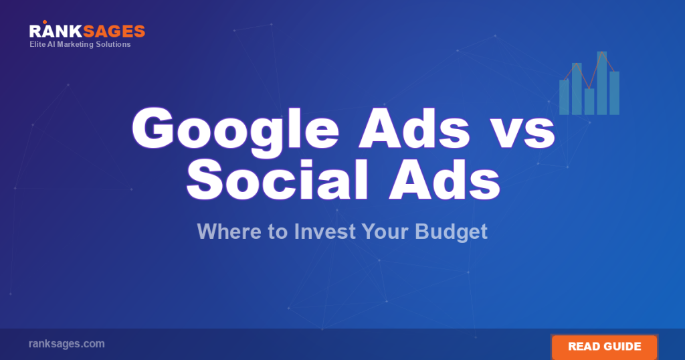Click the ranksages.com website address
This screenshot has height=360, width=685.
tap(66, 344)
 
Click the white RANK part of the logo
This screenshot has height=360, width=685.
tap(52, 31)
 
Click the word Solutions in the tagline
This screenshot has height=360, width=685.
tap(114, 45)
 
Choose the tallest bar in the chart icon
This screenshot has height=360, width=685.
tap(601, 83)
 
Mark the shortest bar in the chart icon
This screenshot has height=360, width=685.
tap(589, 102)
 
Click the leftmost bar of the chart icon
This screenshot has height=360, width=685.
tap(564, 97)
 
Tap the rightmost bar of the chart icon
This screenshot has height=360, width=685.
tap(614, 93)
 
